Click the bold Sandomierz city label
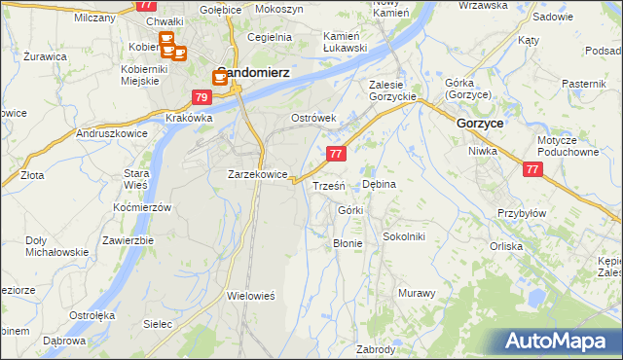coord(251,70)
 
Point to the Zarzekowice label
coord(257,174)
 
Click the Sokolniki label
coord(404,235)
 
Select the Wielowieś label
coord(252,294)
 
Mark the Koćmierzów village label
coord(142,207)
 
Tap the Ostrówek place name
coord(313,118)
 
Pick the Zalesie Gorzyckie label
coord(393,90)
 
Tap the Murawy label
coord(416,292)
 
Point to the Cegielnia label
coord(270,37)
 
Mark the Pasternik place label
coord(583,85)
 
